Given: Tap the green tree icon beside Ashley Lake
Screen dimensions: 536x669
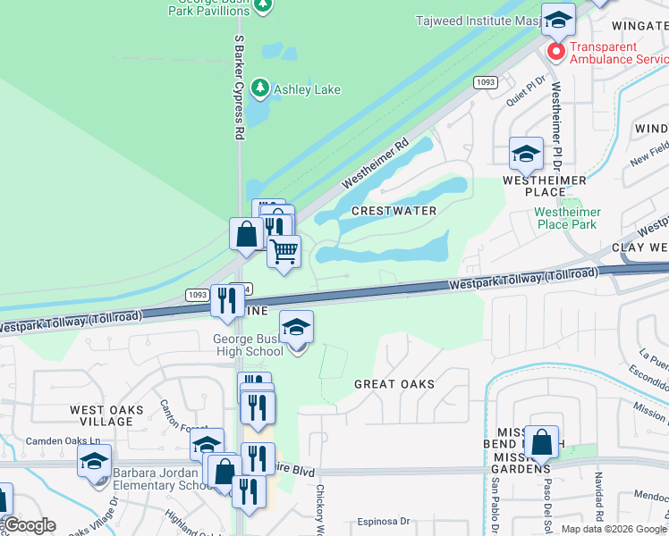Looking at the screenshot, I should (x=260, y=88).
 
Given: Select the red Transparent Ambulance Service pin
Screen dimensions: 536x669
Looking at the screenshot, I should (x=555, y=53).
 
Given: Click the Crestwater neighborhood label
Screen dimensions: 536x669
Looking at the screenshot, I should (x=394, y=211).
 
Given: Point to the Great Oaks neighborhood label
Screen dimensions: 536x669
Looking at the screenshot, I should (x=394, y=384).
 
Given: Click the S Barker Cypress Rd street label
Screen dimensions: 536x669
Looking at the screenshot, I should (x=239, y=88).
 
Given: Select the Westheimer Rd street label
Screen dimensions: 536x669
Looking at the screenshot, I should (x=377, y=163).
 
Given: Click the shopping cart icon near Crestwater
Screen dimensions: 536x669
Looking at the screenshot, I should (x=284, y=252).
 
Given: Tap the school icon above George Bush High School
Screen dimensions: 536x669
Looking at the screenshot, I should (x=296, y=328).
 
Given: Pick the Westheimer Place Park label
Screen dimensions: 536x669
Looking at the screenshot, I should (x=567, y=218).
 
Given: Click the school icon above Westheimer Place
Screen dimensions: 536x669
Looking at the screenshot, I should (x=526, y=154).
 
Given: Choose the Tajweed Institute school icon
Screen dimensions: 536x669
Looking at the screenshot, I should (x=558, y=21).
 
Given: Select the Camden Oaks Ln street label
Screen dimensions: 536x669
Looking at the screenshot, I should (x=64, y=441).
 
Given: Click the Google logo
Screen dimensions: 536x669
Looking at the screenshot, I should (x=30, y=525).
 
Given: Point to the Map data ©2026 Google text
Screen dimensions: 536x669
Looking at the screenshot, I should (x=613, y=529).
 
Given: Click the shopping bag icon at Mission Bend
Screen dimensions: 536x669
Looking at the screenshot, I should (x=542, y=442).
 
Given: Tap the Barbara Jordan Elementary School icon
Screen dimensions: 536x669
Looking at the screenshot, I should (x=94, y=462).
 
